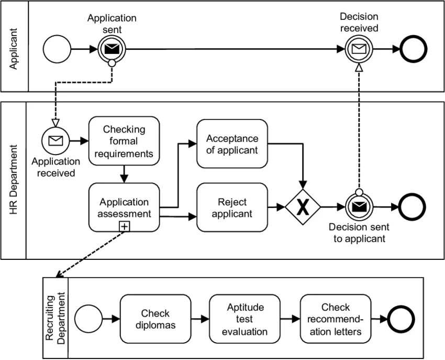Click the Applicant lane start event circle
coord(57,49)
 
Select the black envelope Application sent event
coord(112,49)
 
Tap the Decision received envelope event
coord(359,49)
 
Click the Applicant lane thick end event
coord(414,49)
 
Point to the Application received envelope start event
coord(55,140)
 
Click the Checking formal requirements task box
coord(124,141)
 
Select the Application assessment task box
coord(124,208)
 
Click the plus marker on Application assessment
coord(124,226)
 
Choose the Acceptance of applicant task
coord(232,144)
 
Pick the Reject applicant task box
coord(232,208)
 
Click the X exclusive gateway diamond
coord(303,207)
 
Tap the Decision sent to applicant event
coord(359,207)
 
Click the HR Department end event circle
coord(412,207)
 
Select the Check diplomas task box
coord(155,319)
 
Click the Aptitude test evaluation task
coord(244,319)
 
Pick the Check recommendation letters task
coord(336,319)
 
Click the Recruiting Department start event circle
coord(88,319)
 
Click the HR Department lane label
coord(13,180)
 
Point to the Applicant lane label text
coord(13,49)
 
